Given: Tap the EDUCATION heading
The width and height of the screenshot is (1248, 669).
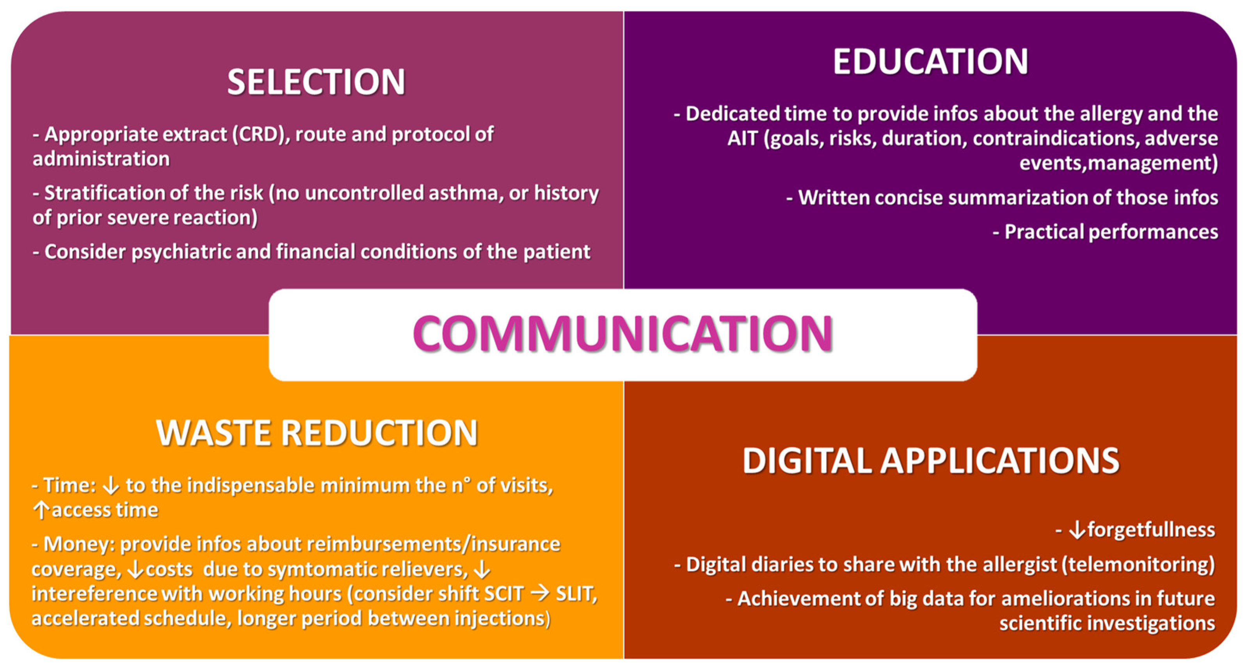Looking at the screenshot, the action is (930, 62).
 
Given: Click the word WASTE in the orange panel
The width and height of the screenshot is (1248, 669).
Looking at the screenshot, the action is (213, 432).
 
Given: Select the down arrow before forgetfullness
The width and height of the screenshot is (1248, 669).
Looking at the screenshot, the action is (1077, 530).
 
